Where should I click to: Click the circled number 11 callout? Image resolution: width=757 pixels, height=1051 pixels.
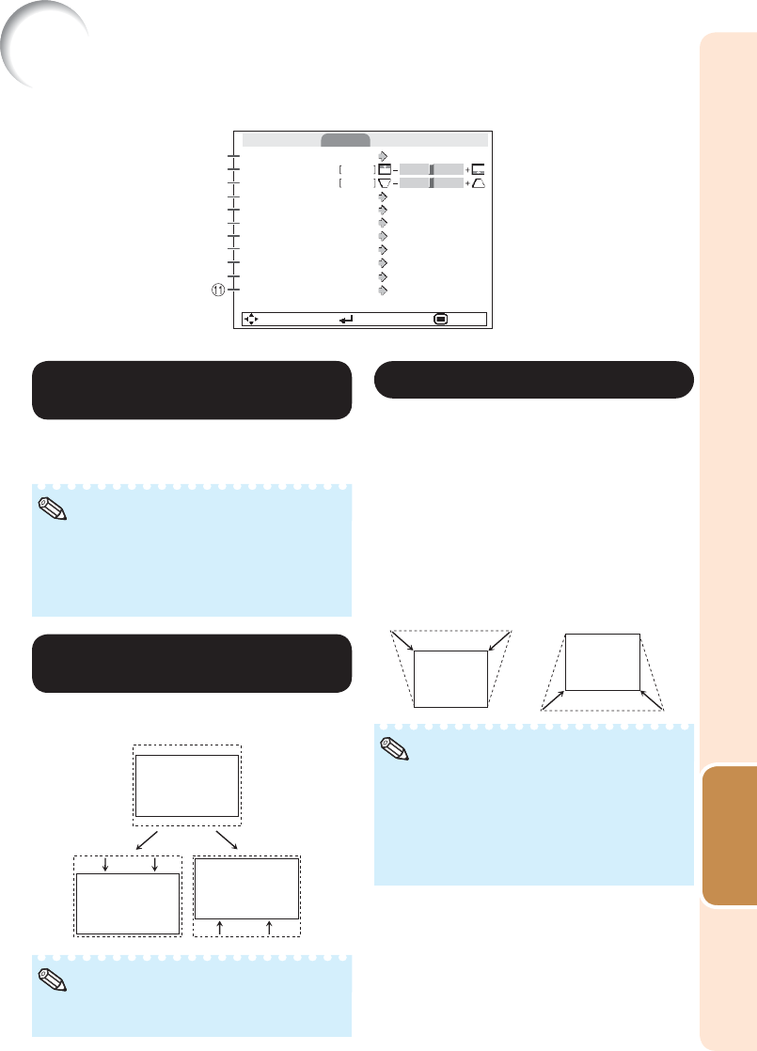tap(218, 290)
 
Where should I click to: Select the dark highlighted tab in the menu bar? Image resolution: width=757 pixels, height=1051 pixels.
tap(345, 140)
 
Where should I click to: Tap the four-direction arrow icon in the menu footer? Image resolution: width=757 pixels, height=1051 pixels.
tap(251, 319)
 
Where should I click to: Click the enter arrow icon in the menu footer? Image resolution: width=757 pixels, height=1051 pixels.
tap(346, 320)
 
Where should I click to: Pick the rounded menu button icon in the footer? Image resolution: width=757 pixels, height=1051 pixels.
tap(440, 319)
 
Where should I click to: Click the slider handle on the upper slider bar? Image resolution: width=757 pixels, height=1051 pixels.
tap(432, 169)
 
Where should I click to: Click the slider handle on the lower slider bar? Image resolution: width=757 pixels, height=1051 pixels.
tap(432, 183)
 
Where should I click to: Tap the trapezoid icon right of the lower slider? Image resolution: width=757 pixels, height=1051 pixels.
tap(478, 183)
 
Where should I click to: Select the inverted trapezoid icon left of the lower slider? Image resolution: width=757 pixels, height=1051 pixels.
tap(385, 183)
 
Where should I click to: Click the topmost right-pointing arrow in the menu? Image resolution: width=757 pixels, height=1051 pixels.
tap(383, 156)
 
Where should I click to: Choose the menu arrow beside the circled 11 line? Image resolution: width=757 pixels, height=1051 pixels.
tap(383, 290)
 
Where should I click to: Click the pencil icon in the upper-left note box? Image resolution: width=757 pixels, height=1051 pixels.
tap(53, 510)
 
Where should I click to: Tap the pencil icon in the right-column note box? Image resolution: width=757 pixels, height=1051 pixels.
tap(395, 748)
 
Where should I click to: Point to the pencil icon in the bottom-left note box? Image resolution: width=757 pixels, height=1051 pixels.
tap(53, 980)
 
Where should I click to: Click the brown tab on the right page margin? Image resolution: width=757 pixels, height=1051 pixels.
tap(730, 835)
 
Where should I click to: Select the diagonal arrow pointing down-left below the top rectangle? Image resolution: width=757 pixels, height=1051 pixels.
tap(147, 840)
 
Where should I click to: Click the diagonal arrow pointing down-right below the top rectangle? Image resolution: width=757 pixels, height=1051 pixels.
tap(227, 840)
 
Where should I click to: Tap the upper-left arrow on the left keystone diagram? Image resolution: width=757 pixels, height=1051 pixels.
tap(402, 640)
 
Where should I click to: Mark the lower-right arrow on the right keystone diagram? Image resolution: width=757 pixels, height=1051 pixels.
tap(652, 699)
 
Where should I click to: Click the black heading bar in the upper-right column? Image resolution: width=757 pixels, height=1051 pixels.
tap(534, 380)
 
